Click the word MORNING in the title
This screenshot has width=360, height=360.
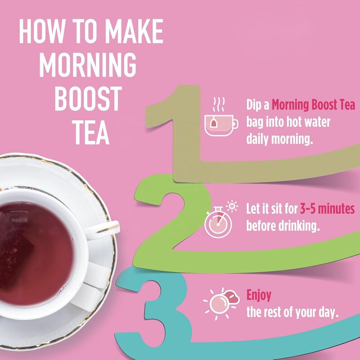88,66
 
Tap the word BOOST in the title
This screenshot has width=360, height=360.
88,99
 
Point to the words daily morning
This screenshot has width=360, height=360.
279,139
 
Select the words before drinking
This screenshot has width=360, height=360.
283,225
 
